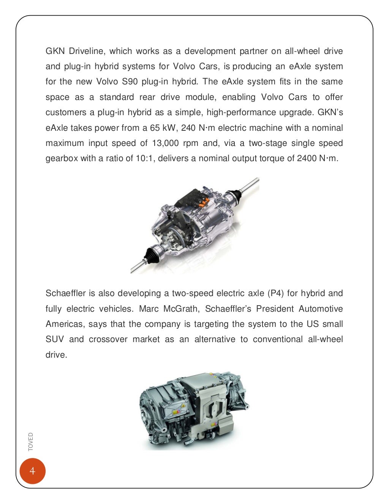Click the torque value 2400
[x=307, y=158]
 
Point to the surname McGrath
[x=181, y=309]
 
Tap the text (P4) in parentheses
[x=275, y=293]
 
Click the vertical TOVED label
[x=31, y=442]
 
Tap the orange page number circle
[x=32, y=471]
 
